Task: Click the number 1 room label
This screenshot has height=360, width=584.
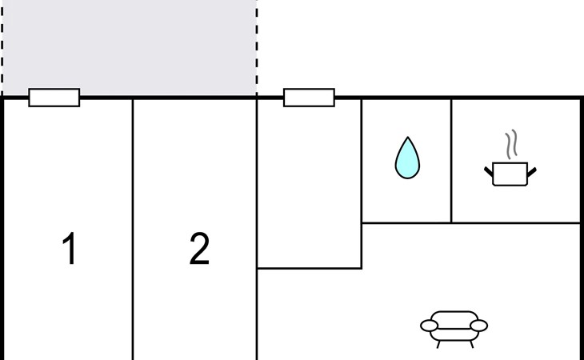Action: [x=70, y=249]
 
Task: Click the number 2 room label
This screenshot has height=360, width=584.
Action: [x=199, y=249]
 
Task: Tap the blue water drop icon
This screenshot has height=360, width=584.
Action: [x=407, y=158]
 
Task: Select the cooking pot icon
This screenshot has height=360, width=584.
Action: [x=510, y=173]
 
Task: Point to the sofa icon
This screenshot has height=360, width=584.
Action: [x=454, y=326]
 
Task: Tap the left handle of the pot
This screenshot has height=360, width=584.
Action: [x=489, y=170]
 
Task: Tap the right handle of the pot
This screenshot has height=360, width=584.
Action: [x=530, y=170]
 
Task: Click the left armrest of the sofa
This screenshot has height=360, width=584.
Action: [x=430, y=326]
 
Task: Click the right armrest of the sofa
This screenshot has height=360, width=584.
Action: [x=478, y=326]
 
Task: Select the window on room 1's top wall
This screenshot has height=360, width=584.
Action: [x=54, y=98]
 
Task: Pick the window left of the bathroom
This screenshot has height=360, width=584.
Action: [x=309, y=98]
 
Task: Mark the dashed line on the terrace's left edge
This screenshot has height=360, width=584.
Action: [x=2, y=48]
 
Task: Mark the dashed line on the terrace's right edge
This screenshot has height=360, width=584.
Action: [x=257, y=48]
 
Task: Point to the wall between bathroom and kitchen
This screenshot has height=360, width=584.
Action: [x=451, y=160]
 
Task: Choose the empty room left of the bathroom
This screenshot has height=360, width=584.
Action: [x=309, y=184]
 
